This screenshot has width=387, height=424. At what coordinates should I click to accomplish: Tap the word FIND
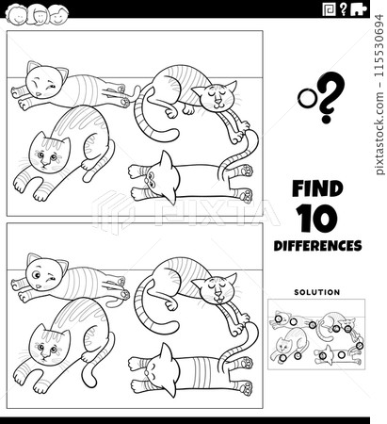[x=316, y=188]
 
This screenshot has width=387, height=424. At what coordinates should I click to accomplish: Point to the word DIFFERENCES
[x=317, y=246]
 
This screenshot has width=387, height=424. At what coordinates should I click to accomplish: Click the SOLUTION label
[x=316, y=292]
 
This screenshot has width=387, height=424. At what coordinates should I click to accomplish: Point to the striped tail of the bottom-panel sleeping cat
[x=142, y=311]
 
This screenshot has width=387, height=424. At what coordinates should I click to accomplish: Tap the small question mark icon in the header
[x=346, y=9]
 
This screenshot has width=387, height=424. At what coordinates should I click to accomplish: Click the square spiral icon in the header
[x=329, y=9]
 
